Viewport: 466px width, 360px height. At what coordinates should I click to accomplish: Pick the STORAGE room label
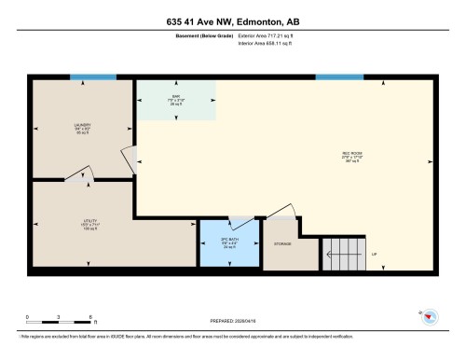[x=282, y=244]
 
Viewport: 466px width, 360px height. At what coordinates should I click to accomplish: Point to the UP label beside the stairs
[x=375, y=255]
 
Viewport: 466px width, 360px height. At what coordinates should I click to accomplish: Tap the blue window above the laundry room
[x=94, y=77]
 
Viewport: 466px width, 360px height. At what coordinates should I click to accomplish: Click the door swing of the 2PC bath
[x=244, y=222]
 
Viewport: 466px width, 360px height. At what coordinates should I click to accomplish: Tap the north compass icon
[x=431, y=317]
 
